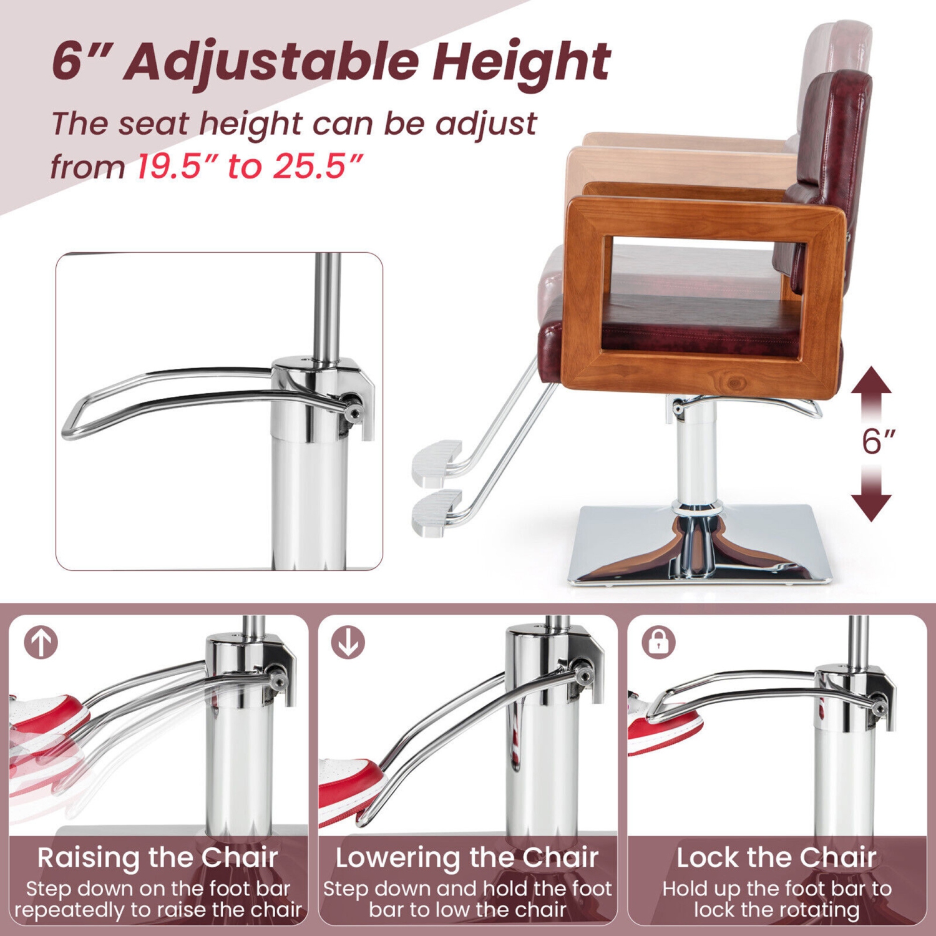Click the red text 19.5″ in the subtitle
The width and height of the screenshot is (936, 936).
click(177, 167)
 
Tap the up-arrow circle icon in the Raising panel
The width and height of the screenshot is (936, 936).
click(41, 642)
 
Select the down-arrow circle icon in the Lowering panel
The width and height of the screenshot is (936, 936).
click(348, 642)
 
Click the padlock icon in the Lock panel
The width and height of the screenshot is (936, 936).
click(658, 642)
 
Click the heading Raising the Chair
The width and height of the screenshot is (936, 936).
click(157, 857)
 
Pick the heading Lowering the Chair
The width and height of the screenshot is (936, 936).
click(467, 857)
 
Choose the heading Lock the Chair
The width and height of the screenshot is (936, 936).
click(777, 857)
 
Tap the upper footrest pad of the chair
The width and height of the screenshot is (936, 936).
click(437, 462)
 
